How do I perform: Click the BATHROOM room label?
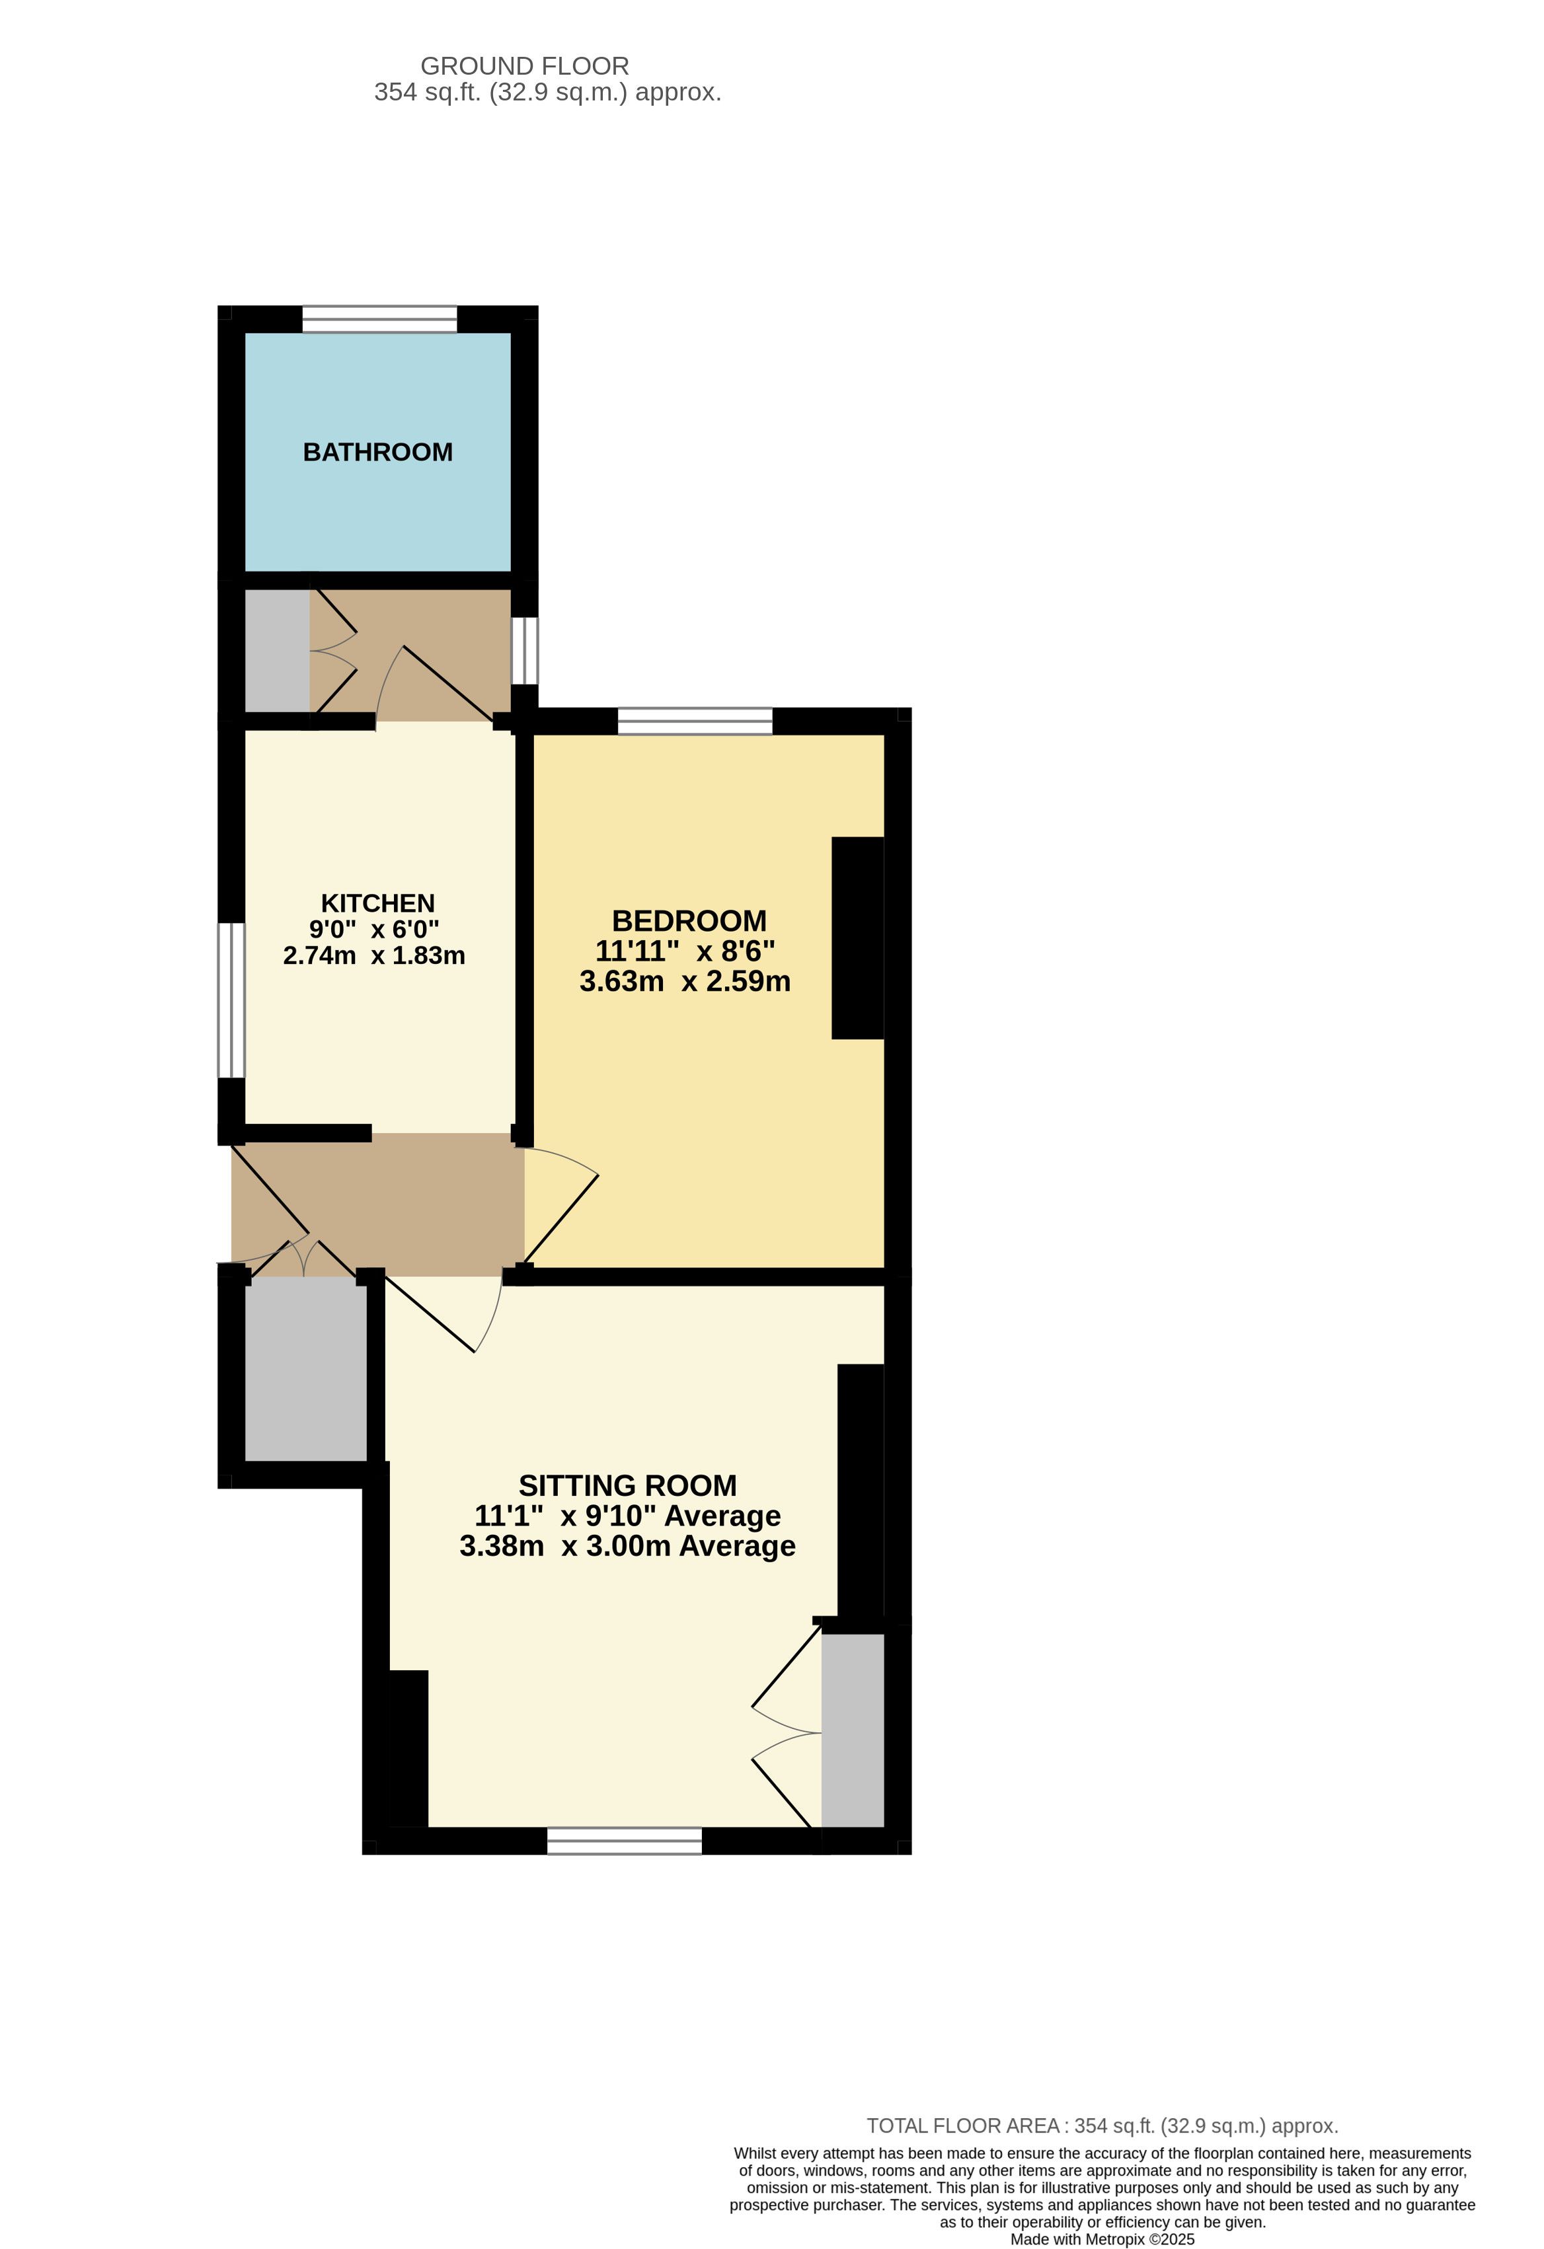point(377,452)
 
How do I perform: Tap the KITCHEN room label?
point(377,903)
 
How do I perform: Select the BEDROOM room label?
point(689,920)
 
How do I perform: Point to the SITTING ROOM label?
point(627,1485)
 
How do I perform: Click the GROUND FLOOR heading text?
point(525,66)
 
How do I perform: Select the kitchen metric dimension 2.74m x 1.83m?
point(373,955)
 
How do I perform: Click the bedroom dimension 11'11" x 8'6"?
point(685,950)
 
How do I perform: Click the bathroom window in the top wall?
point(379,319)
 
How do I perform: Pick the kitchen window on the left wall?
point(231,1000)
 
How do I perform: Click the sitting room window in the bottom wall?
point(625,1841)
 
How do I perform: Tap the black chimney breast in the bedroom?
point(858,938)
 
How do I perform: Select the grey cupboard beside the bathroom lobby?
point(277,650)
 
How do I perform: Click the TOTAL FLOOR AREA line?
point(1102,2126)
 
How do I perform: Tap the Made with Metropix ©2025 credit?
point(1102,2239)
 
